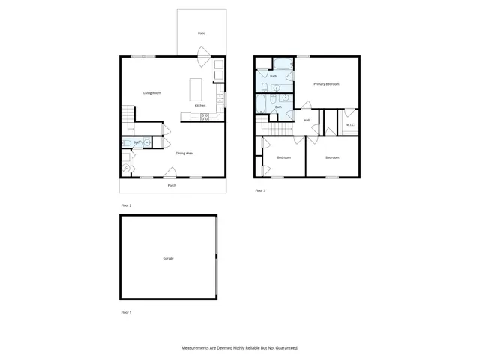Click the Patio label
(202, 34)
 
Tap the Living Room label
(152, 93)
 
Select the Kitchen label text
(200, 106)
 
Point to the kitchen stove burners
(204, 116)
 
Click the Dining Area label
(184, 154)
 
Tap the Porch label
(172, 185)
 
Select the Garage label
(168, 258)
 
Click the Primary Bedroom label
(326, 84)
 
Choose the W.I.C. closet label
(349, 125)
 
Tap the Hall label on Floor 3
(307, 120)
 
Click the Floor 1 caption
(126, 311)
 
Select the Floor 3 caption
(260, 191)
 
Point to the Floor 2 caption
(126, 205)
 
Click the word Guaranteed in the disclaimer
(286, 348)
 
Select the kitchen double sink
(220, 97)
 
